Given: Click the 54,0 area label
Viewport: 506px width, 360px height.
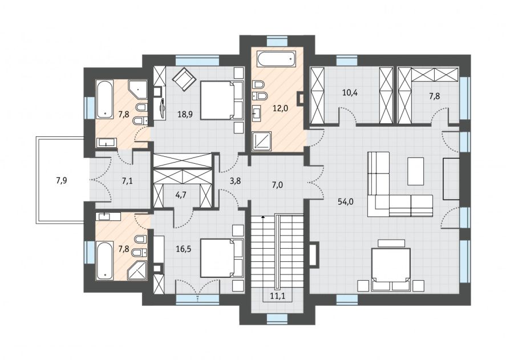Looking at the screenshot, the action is point(345,202).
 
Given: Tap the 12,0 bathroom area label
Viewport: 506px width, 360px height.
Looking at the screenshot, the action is point(280,108).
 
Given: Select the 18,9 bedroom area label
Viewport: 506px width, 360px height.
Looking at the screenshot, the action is point(185,114).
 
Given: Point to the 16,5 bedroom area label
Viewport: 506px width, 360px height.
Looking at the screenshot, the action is point(184,249).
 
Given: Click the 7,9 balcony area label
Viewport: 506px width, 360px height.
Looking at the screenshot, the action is point(61,180).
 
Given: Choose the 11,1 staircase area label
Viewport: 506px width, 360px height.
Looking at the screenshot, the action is point(277,296).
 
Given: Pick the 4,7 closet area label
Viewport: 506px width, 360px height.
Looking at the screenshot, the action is point(180,195).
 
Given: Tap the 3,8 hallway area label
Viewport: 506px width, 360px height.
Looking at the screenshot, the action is point(235,181).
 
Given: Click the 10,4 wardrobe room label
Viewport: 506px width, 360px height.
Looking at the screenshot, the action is point(350,93).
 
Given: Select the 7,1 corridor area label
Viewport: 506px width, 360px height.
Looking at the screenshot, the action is point(127,181).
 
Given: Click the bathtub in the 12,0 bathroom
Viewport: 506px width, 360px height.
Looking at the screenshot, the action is point(276,59).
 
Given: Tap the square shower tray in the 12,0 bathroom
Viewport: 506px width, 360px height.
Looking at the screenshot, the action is point(262,140).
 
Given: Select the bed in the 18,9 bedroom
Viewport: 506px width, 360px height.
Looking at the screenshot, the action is point(222,100).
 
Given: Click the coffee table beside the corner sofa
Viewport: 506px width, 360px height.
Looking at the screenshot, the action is point(416,171).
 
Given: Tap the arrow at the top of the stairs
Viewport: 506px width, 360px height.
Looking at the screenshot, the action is point(264,218).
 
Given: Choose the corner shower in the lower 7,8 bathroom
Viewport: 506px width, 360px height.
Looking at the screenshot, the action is point(137,270).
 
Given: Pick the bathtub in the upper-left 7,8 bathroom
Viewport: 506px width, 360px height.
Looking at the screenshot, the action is point(104,99).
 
